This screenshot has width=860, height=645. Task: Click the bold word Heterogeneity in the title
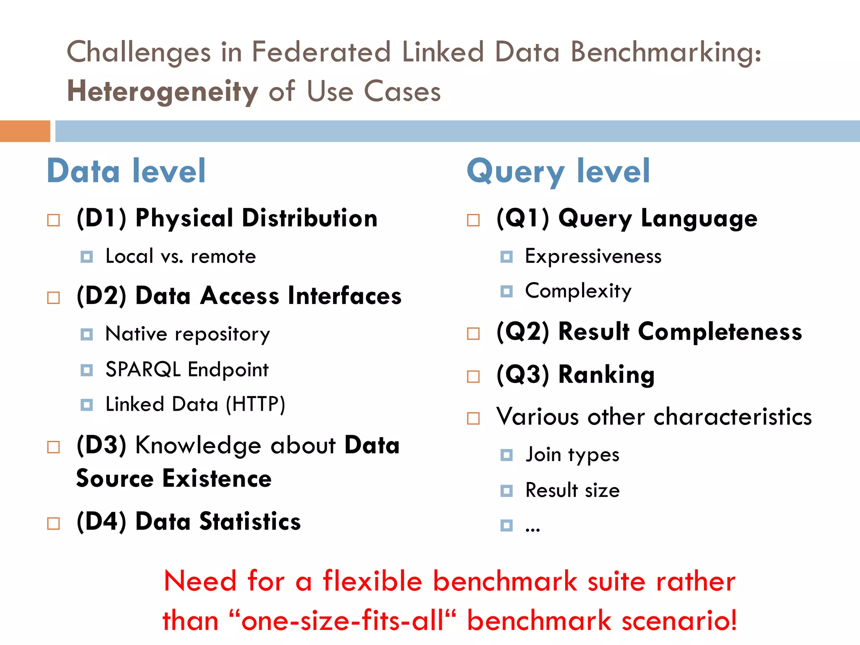[163, 91]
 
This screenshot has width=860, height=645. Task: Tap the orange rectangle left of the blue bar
[25, 131]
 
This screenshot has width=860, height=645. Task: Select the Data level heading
[126, 171]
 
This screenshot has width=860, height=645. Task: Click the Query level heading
[558, 171]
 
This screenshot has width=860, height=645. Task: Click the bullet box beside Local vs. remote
[87, 257]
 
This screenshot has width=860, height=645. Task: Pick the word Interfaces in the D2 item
[344, 296]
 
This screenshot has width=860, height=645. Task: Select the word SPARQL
[143, 370]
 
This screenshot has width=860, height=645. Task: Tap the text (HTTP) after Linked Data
[255, 404]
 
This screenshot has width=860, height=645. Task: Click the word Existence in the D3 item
[217, 479]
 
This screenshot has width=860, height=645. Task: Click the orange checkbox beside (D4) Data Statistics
[53, 523]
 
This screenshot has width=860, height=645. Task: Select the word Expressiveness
[593, 256]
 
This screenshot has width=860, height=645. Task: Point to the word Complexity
[578, 291]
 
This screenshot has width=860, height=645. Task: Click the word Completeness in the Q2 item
[720, 332]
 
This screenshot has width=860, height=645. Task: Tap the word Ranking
[606, 375]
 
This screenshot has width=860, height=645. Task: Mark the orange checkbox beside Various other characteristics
[473, 418]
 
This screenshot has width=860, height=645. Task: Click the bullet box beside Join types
[506, 455]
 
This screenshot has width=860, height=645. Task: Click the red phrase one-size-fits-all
[342, 621]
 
